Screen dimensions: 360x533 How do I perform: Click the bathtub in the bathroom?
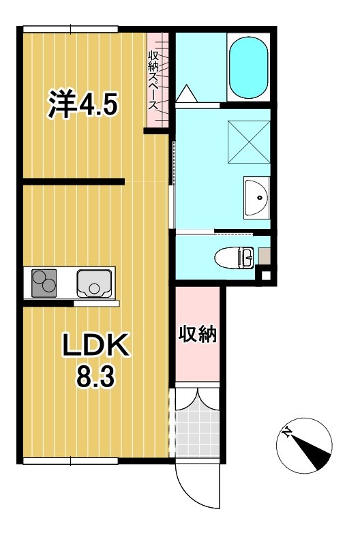[x=248, y=67]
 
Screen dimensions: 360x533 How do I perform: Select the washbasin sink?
[x=257, y=198]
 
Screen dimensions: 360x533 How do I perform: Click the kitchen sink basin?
[x=94, y=284]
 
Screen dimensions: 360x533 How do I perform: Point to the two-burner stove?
[x=44, y=283]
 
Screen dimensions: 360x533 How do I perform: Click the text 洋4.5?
[x=82, y=104]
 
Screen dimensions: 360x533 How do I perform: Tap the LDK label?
[x=96, y=345]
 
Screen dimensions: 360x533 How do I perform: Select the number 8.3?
[x=95, y=377]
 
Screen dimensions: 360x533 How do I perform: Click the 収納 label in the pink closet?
[x=198, y=335]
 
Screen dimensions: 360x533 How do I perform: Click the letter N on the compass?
[x=288, y=432]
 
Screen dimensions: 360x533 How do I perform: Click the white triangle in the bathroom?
[x=186, y=93]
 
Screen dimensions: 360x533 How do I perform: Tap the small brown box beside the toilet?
[x=265, y=256]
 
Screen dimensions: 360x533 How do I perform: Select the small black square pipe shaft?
[x=265, y=275]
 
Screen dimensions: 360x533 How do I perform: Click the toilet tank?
[x=247, y=258]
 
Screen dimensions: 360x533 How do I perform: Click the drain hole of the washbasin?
[x=260, y=198]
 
